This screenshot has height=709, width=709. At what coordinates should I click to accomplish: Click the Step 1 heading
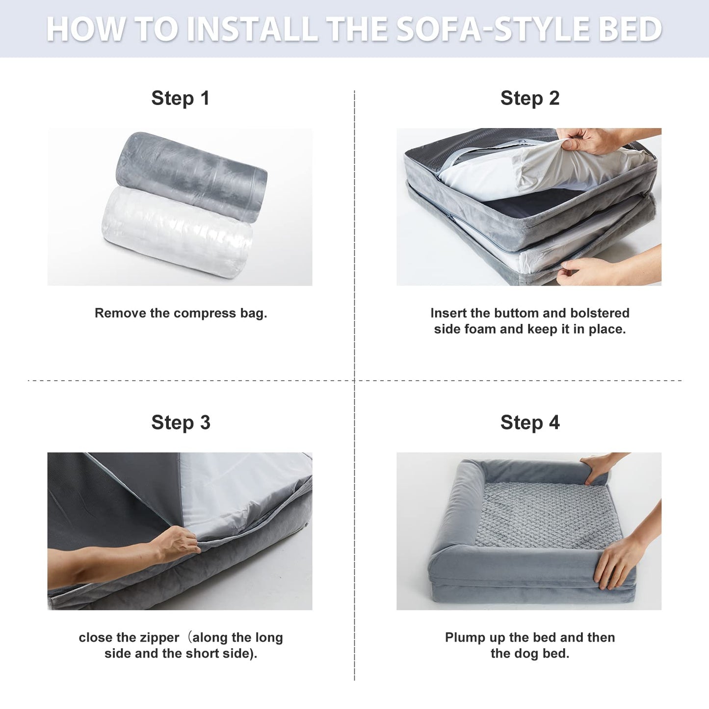point(180,98)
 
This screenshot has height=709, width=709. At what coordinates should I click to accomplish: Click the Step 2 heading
point(529,98)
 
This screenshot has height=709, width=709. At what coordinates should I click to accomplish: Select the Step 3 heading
point(181,422)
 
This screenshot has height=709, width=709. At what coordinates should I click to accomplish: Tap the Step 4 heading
point(529,422)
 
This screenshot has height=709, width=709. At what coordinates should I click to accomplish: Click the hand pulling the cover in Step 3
point(179,545)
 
